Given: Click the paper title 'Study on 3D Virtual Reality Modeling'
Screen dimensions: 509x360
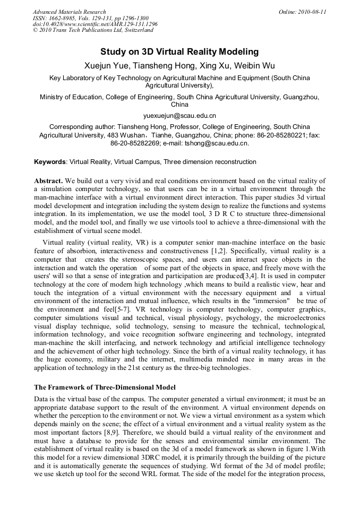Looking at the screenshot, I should [x=179, y=52].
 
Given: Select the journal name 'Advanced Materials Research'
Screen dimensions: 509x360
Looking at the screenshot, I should [x=70, y=12].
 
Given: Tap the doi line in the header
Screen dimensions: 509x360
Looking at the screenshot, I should [x=95, y=24].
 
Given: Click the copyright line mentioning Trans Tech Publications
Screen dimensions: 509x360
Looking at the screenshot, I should [x=93, y=30].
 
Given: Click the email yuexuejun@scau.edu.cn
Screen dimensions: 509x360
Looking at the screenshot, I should [x=179, y=115].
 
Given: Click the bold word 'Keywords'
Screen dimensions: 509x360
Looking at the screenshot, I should [x=50, y=162].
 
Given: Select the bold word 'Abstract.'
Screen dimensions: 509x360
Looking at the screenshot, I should [x=50, y=182].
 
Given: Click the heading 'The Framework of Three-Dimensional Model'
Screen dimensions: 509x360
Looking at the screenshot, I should [x=105, y=387].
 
